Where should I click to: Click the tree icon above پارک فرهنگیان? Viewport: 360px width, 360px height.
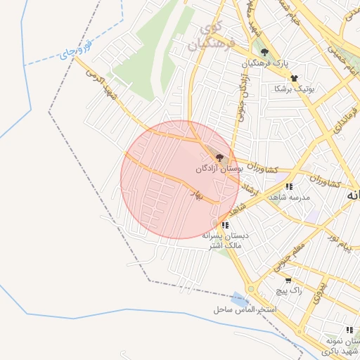tap(265, 52)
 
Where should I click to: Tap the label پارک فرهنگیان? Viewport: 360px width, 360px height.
tap(266, 64)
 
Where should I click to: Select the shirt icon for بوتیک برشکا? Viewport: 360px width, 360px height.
tap(294, 78)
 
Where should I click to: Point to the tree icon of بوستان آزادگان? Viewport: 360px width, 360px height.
tap(220, 158)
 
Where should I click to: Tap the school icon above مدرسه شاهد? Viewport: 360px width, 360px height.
tap(289, 187)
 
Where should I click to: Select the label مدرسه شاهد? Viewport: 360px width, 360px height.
tap(289, 198)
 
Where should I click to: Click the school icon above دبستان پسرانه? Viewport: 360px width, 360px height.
tap(224, 225)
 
